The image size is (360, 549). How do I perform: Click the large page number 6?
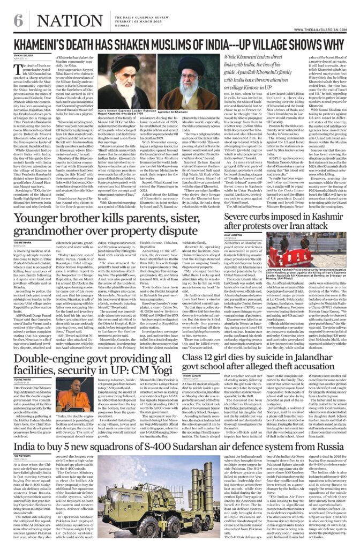click(14, 10)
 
